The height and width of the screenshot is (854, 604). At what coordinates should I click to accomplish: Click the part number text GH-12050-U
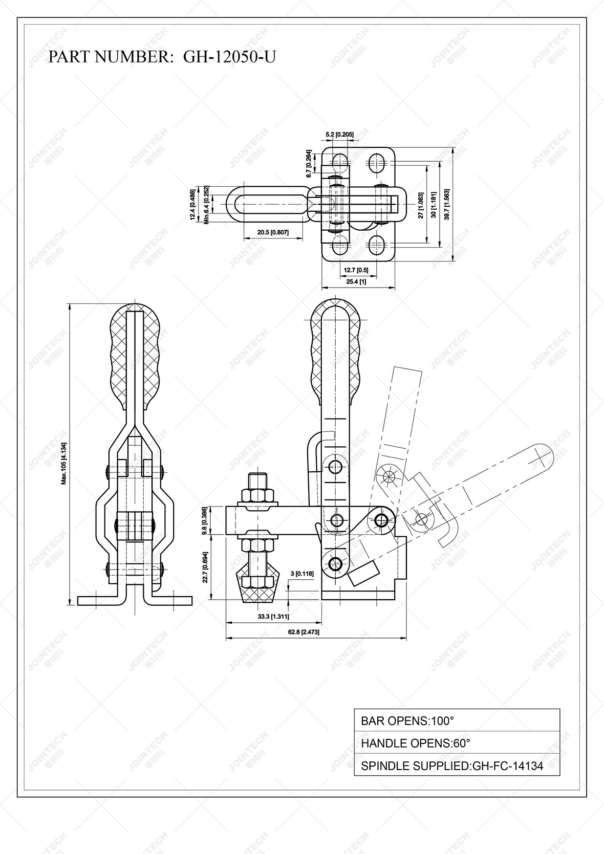click(229, 56)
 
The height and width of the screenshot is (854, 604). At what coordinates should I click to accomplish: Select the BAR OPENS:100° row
click(457, 720)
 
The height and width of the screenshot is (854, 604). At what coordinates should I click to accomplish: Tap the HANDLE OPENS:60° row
click(457, 743)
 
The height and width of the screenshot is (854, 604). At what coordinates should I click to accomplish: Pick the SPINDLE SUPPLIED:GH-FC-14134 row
click(457, 765)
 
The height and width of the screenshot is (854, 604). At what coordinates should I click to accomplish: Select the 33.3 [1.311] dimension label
click(273, 617)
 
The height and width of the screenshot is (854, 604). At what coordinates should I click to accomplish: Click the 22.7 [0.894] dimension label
click(205, 567)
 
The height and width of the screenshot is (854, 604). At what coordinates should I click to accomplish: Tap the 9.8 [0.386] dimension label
click(205, 520)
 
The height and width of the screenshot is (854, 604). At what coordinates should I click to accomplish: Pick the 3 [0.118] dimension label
click(302, 574)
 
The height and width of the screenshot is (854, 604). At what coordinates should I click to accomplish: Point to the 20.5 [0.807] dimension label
click(273, 232)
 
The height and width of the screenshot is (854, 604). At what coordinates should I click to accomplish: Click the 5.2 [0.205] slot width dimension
click(339, 135)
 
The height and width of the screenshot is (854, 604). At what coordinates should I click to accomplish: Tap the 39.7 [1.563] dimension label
click(447, 205)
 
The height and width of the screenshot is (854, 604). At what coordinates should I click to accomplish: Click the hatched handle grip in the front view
click(135, 358)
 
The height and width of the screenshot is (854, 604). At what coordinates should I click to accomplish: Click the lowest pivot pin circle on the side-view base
click(335, 564)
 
